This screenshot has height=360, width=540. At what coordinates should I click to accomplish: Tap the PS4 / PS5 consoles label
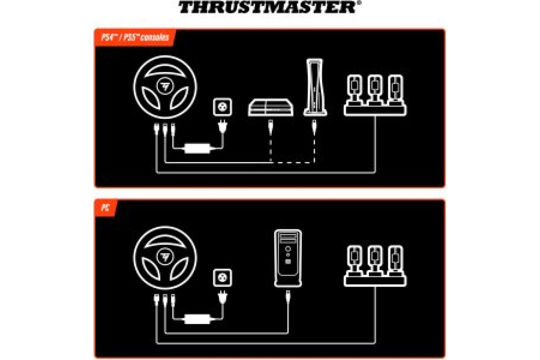click(x=135, y=37)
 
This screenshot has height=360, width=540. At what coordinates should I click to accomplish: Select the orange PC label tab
click(x=106, y=207)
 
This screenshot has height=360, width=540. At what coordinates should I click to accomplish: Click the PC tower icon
click(x=288, y=258)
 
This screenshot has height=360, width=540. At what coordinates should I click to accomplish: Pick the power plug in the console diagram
click(x=222, y=127)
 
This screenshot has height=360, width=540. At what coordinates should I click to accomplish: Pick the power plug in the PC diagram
click(x=222, y=297)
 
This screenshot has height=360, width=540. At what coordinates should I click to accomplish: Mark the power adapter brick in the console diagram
click(x=197, y=148)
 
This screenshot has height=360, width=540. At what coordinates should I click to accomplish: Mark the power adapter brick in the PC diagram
click(x=197, y=319)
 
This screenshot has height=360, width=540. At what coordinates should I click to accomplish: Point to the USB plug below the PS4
click(x=270, y=127)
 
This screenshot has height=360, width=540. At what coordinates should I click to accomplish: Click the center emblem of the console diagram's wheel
click(x=165, y=86)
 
